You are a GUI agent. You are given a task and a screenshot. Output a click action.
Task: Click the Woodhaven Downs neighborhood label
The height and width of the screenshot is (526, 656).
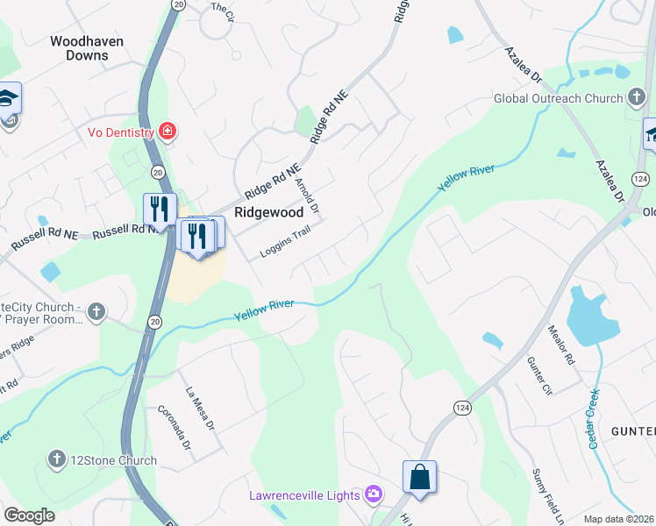(87, 48)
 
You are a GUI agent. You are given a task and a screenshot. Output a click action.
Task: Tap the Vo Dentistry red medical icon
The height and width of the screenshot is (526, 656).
(166, 132)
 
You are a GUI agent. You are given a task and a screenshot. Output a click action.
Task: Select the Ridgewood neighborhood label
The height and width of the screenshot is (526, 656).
(268, 212)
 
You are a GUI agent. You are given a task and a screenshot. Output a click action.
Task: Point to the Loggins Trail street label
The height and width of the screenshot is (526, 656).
(285, 244)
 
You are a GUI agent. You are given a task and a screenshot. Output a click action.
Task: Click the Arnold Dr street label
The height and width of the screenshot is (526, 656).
(307, 197)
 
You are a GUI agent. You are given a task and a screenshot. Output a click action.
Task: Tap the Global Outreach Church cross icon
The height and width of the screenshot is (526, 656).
(638, 98)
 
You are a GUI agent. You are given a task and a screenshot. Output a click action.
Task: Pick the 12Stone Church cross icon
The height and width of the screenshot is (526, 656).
(57, 459)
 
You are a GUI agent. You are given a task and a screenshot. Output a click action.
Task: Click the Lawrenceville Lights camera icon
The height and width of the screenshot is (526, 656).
(374, 495)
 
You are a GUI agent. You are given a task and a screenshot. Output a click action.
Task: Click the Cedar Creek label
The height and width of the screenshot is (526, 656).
(594, 419)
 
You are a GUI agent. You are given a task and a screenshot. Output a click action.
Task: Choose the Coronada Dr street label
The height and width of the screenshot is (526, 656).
(174, 428)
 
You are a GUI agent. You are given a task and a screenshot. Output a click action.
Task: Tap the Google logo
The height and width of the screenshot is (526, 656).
(29, 515)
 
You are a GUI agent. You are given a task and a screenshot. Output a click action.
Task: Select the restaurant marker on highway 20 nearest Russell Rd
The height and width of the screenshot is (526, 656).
(160, 210)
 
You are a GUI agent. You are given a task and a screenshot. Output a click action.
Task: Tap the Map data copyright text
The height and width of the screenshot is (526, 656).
(618, 518)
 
